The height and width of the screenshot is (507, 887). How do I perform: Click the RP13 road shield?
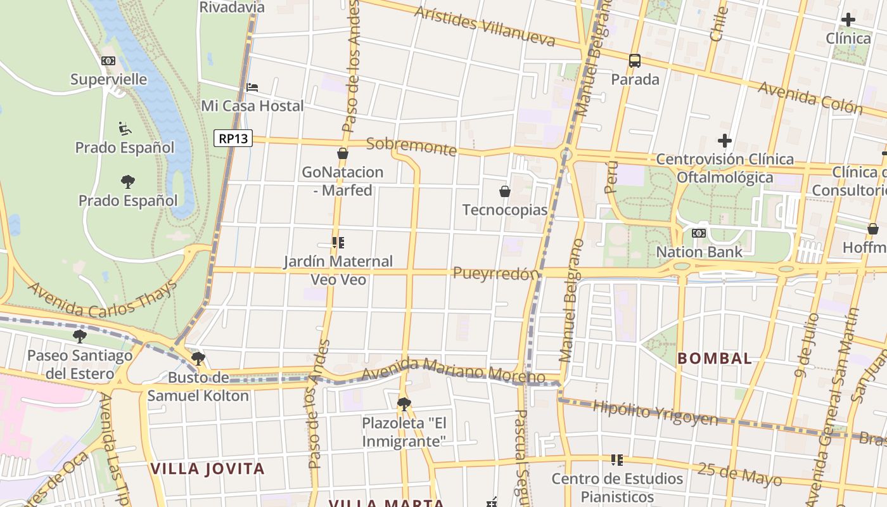click(x=233, y=138)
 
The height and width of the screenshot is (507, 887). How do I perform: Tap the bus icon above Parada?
click(x=635, y=61)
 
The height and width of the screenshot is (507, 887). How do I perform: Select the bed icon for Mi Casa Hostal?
click(x=252, y=87)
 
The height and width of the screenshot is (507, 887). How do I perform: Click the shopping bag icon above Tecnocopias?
click(x=505, y=191)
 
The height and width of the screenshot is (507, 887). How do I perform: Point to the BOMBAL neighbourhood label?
click(x=714, y=358)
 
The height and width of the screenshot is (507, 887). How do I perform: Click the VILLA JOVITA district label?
click(x=207, y=469)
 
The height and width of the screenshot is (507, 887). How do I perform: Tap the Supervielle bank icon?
click(x=108, y=61)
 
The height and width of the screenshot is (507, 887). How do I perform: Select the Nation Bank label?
click(x=699, y=252)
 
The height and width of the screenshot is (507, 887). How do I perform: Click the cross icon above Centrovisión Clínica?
click(x=725, y=141)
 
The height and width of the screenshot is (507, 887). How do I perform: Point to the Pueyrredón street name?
click(x=496, y=274)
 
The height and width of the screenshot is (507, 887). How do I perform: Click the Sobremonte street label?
click(x=411, y=146)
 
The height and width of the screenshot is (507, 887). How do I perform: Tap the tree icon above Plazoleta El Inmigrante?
click(x=404, y=404)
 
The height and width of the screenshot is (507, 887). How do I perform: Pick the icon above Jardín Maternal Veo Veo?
click(x=338, y=242)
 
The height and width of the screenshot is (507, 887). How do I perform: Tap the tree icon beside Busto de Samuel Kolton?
click(x=198, y=359)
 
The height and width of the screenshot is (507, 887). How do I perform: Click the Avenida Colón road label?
click(x=810, y=97)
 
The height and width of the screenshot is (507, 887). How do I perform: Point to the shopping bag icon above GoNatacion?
click(x=343, y=153)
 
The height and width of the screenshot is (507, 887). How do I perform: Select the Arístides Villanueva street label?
click(x=485, y=27)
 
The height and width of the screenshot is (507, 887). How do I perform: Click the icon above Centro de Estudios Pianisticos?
click(x=617, y=459)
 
